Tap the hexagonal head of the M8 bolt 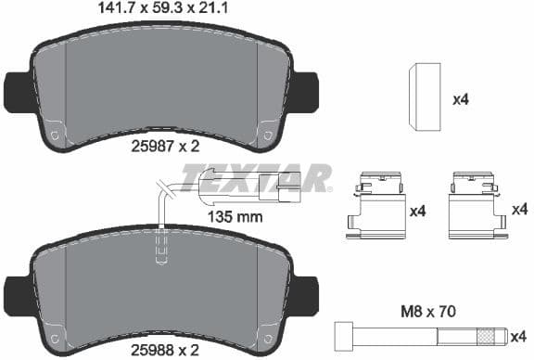click(339, 334)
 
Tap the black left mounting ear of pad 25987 click(17, 90)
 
